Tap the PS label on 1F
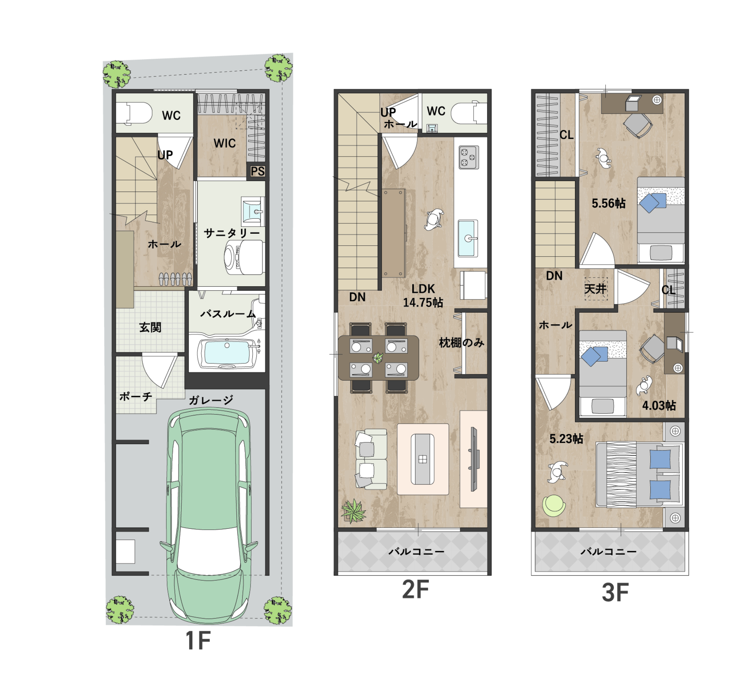(257, 171)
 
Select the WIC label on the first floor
(225, 143)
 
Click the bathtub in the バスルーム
(228, 354)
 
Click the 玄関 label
(150, 328)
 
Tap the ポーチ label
(136, 396)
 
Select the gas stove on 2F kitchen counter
(469, 157)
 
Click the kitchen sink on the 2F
(468, 238)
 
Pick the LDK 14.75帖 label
(423, 295)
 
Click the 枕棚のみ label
(462, 343)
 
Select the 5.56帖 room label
(609, 204)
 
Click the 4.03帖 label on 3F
(659, 406)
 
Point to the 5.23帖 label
(566, 439)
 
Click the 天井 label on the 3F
(595, 289)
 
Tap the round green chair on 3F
(554, 506)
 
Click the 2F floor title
(415, 590)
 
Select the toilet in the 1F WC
(134, 113)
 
